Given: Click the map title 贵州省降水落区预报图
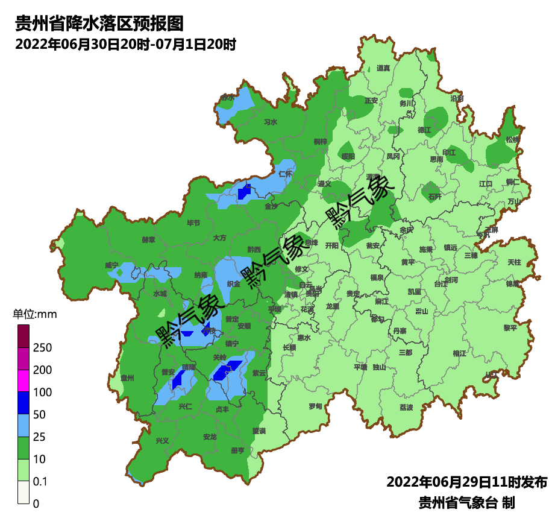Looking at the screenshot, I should click(98, 24).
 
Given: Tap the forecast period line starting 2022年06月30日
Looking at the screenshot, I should click(125, 44).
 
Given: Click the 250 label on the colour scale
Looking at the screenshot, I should click(42, 348).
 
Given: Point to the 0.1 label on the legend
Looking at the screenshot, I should click(41, 481).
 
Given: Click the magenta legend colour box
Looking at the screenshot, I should click(23, 380).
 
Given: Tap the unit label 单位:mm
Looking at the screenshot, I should click(34, 314).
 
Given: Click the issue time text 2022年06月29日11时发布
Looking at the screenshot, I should click(466, 482).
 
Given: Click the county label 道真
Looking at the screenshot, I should click(383, 68).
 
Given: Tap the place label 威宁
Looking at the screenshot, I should click(112, 265).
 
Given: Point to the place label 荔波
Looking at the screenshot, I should click(406, 408).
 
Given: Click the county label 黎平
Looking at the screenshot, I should click(510, 328).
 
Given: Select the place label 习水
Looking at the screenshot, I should click(271, 122).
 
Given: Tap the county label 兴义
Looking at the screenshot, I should click(163, 441).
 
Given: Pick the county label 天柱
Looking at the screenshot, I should click(514, 262).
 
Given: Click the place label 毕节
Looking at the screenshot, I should click(193, 223).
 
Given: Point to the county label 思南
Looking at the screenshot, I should click(436, 160).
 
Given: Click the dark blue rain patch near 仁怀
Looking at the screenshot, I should click(244, 192).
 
